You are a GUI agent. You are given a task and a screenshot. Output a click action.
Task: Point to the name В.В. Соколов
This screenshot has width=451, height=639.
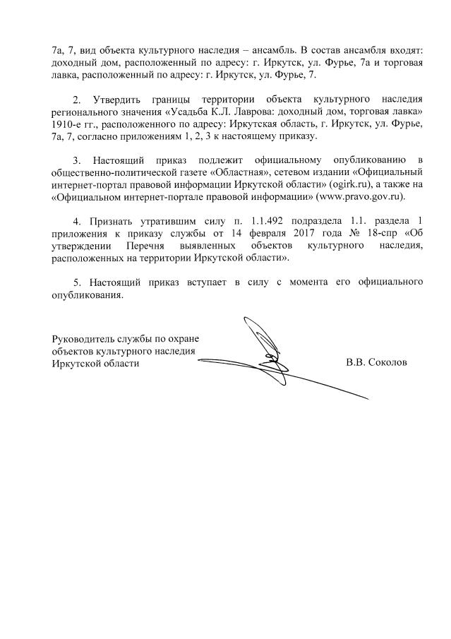(x=375, y=363)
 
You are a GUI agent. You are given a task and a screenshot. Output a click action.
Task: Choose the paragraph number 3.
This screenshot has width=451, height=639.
(x=78, y=158)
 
